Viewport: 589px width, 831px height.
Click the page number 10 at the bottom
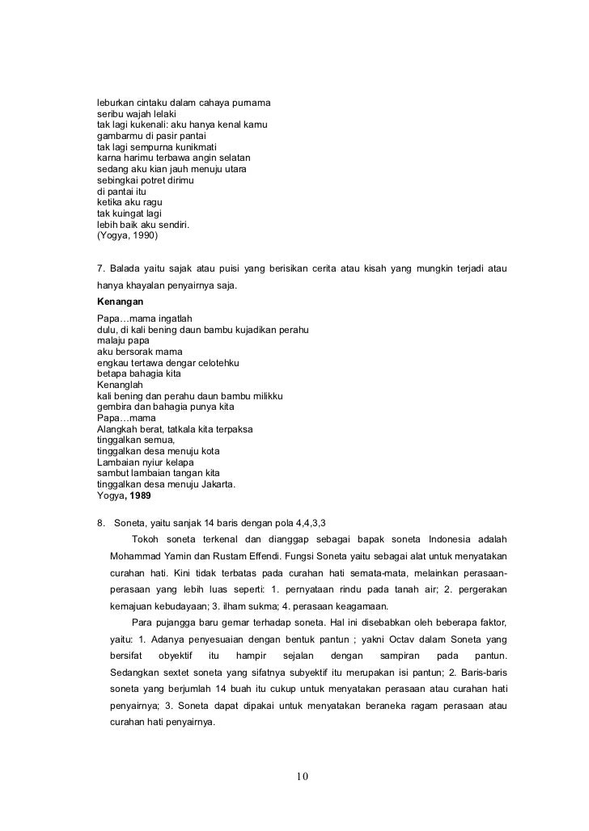click(302, 778)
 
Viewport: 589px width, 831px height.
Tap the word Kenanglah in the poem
click(120, 385)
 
